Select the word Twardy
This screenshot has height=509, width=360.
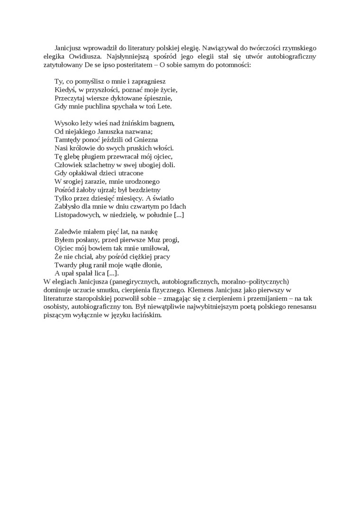[65, 265]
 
